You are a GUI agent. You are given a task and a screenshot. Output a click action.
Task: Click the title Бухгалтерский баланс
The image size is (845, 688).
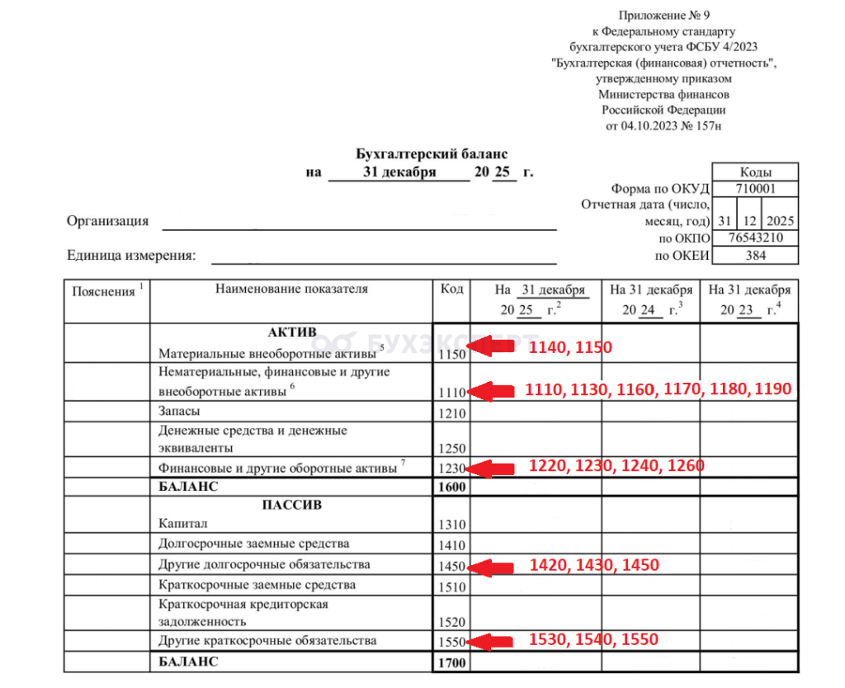(x=432, y=153)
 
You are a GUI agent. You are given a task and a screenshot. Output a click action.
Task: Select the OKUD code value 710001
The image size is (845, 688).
(x=755, y=189)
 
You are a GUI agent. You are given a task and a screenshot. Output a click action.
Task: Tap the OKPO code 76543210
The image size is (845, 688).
(x=755, y=238)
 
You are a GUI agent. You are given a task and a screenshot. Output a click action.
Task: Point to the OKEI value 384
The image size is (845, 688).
(x=755, y=256)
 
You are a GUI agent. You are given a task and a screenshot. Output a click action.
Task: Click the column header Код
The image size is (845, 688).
(x=451, y=290)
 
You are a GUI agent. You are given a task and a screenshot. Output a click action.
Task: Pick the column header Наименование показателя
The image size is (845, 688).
(x=291, y=290)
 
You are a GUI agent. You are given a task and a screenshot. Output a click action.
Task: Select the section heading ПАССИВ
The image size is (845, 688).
(x=291, y=504)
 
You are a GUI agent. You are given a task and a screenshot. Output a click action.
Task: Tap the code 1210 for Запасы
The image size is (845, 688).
(x=452, y=413)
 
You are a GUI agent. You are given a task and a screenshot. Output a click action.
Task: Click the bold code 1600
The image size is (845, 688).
(x=452, y=487)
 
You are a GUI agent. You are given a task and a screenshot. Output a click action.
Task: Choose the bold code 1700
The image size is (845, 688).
(x=452, y=662)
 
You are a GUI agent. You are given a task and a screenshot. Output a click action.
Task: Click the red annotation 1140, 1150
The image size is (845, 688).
(x=571, y=347)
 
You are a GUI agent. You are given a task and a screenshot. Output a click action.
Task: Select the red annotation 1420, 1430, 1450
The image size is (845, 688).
(x=594, y=565)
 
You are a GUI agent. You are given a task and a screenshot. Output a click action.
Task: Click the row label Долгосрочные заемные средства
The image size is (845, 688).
(x=253, y=544)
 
